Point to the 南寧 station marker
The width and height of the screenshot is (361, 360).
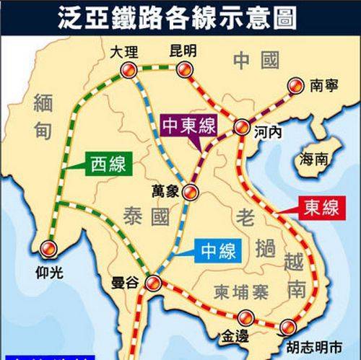click(x=295, y=85)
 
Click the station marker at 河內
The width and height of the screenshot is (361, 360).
click(x=243, y=128)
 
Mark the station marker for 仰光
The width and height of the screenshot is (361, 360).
click(x=48, y=247)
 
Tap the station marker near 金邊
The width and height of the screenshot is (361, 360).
click(x=246, y=316)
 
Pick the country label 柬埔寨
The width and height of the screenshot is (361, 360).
click(x=240, y=291)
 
